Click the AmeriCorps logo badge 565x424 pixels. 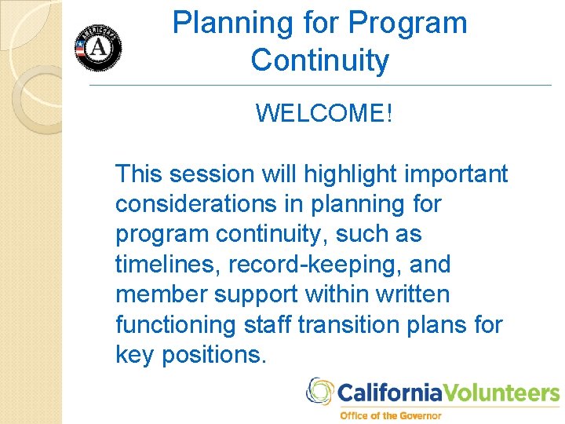click(98, 48)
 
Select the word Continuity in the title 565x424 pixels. click(319, 60)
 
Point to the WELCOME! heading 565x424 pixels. click(323, 114)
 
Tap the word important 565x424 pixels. click(454, 174)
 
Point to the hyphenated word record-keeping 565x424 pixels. click(313, 265)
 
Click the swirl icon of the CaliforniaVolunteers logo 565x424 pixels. click(319, 391)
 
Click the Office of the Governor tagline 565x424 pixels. click(390, 415)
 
